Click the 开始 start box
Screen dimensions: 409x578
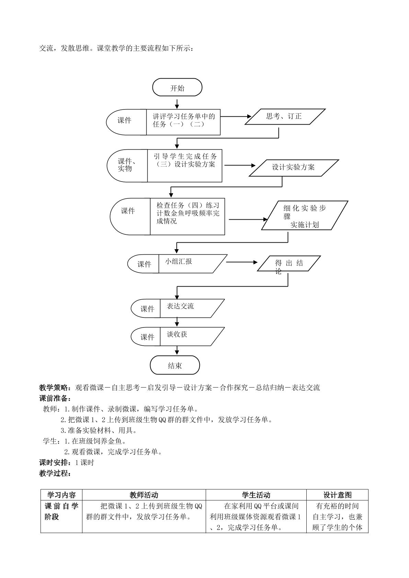(177, 87)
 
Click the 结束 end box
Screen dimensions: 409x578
(175, 365)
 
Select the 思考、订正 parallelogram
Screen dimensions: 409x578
(285, 117)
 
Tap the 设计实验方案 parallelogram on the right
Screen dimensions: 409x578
(294, 168)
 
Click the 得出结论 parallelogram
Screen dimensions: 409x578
(289, 263)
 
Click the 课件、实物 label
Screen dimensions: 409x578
(126, 165)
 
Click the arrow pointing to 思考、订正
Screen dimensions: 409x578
(236, 116)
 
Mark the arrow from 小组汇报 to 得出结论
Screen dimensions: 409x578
(242, 262)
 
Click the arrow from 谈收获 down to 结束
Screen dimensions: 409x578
(177, 351)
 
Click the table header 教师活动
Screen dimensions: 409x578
(144, 495)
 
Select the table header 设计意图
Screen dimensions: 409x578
(337, 495)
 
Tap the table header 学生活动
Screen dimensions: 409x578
(256, 495)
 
